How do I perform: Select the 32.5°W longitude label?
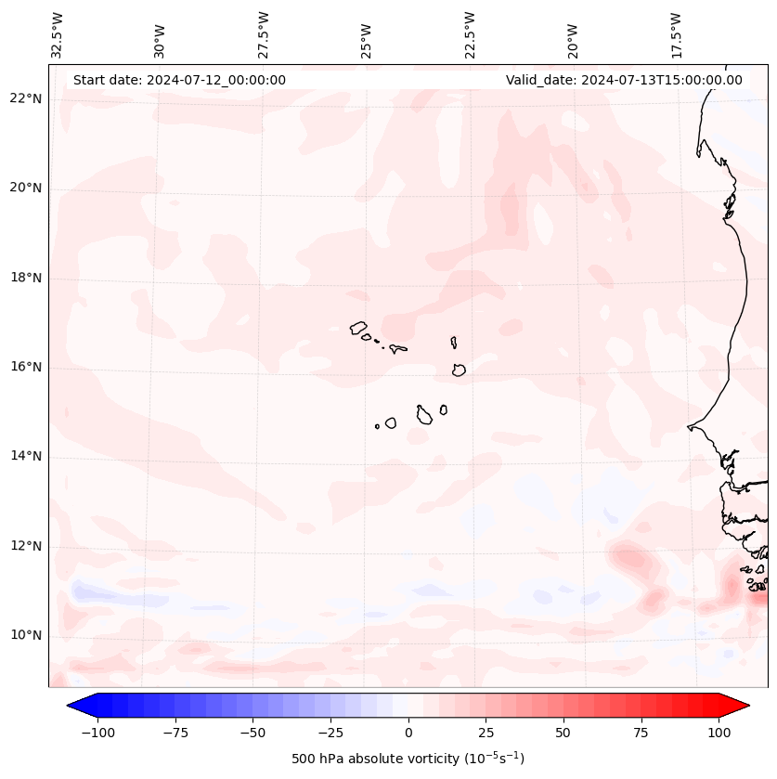(x=58, y=34)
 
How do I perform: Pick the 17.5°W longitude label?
(x=676, y=34)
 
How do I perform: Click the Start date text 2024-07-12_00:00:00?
(x=179, y=80)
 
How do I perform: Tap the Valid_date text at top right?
(x=624, y=80)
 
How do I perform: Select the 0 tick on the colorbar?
(x=408, y=733)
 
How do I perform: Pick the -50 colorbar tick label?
(x=252, y=733)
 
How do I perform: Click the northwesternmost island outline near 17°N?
(x=358, y=328)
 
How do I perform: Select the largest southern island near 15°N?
(x=424, y=415)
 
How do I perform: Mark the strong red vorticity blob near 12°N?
(x=630, y=559)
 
